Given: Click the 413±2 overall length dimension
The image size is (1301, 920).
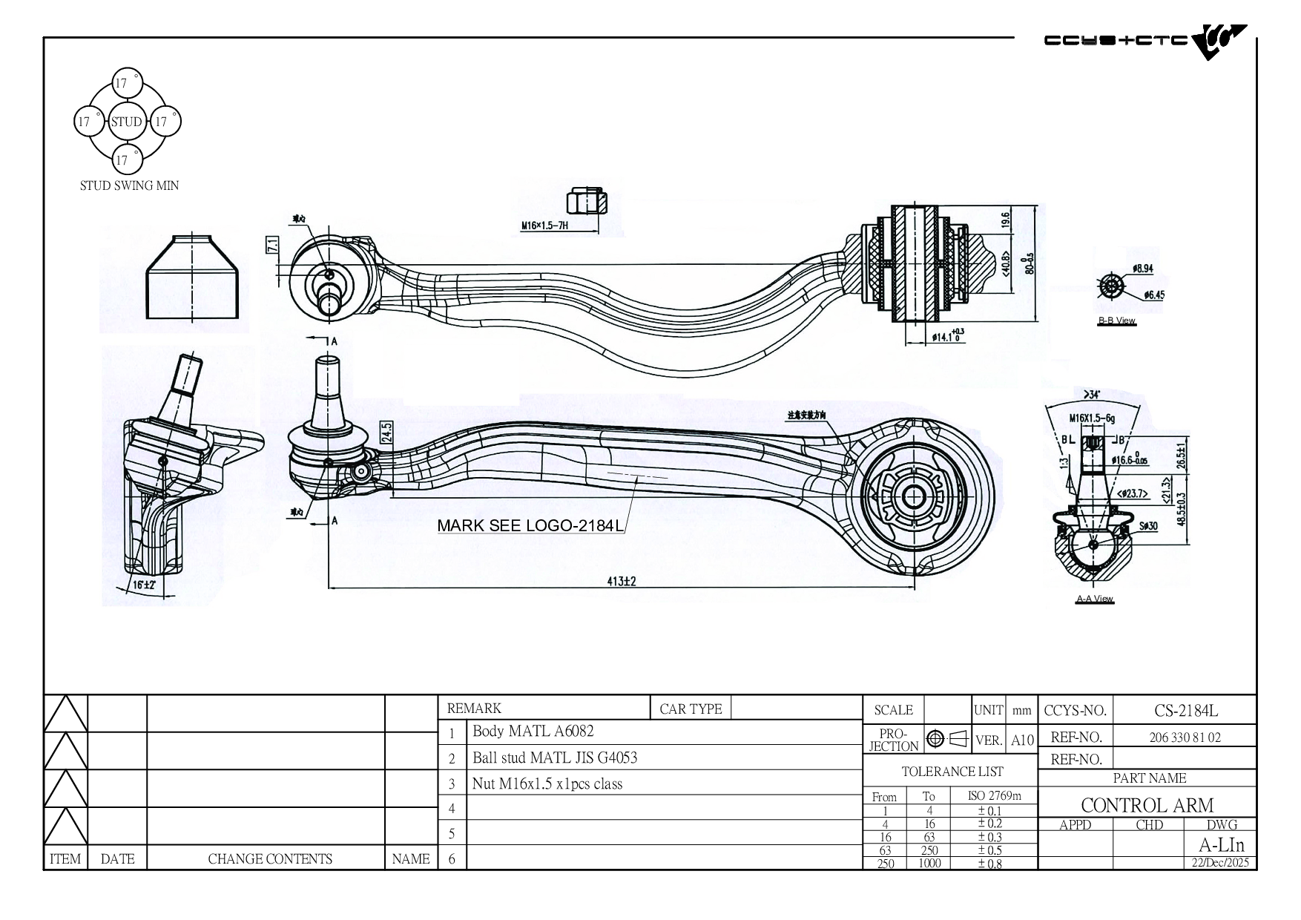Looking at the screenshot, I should pos(622,582).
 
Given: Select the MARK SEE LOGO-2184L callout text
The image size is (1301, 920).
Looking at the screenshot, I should pos(530,526).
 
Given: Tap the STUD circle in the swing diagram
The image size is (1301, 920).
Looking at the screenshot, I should pos(126,122).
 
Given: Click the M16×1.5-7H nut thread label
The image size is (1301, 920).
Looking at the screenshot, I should pos(544,226).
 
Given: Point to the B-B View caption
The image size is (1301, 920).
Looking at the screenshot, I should pos(1116,321).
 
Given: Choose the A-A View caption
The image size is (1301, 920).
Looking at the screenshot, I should pos(1095,599).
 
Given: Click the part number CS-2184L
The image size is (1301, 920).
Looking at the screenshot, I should pos(1185,711).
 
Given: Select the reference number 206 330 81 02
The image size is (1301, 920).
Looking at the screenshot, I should pos(1185,737).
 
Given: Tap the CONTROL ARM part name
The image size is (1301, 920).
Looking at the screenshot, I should pos(1147,805).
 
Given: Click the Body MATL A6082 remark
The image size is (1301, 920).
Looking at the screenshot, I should pos(533,732).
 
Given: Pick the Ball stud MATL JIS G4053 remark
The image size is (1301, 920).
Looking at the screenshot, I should pos(555,758).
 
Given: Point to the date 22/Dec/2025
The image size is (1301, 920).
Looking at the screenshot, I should pos(1220,863).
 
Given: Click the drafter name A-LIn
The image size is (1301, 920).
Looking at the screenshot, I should pos(1221,845).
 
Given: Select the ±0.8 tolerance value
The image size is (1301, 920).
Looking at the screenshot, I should pos(989,864).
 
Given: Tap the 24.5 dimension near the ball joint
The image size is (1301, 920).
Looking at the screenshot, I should pos(386,432).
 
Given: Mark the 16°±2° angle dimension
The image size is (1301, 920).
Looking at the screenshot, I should pos(144,585).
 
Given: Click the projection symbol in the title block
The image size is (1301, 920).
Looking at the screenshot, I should pos(947,739).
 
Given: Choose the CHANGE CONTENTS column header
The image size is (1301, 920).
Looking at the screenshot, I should pos(270,859).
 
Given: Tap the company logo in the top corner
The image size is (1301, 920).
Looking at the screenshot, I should pos(1145,41).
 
